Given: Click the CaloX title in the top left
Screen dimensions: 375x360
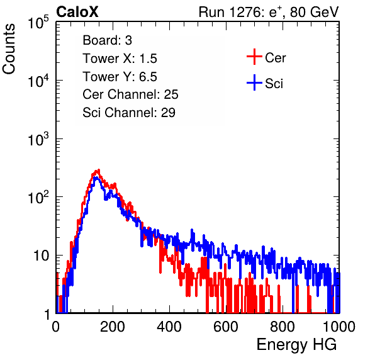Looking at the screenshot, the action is pyautogui.click(x=77, y=12).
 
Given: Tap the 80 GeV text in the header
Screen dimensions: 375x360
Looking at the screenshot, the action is pyautogui.click(x=315, y=12).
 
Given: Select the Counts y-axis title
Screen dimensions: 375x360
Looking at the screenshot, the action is pyautogui.click(x=9, y=49).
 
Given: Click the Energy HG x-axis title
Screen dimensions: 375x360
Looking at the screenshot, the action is pyautogui.click(x=296, y=345).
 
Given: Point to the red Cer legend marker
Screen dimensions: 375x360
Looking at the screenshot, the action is pyautogui.click(x=254, y=57).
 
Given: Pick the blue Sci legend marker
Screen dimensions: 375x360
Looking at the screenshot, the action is pyautogui.click(x=254, y=83).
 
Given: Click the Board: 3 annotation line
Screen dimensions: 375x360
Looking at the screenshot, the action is pyautogui.click(x=107, y=40).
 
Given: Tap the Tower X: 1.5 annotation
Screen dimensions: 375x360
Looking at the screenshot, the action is pyautogui.click(x=120, y=59).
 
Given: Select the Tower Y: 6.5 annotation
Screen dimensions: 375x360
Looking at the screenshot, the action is pyautogui.click(x=120, y=77).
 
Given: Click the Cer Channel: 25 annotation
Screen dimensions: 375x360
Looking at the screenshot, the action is pyautogui.click(x=130, y=94).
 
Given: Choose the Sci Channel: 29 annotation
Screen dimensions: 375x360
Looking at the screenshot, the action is pyautogui.click(x=129, y=113).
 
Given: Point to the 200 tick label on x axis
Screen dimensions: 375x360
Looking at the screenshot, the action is pyautogui.click(x=113, y=327).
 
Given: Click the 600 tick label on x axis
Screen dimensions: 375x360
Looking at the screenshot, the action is pyautogui.click(x=226, y=327).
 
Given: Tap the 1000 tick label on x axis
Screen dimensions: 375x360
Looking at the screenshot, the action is pyautogui.click(x=339, y=327).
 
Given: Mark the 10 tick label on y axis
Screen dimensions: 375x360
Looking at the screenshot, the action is pyautogui.click(x=42, y=256).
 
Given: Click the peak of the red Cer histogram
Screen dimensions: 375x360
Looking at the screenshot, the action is pyautogui.click(x=98, y=170).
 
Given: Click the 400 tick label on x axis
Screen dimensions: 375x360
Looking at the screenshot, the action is pyautogui.click(x=169, y=327).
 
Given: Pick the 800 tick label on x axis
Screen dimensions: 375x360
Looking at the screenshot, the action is pyautogui.click(x=283, y=327).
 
